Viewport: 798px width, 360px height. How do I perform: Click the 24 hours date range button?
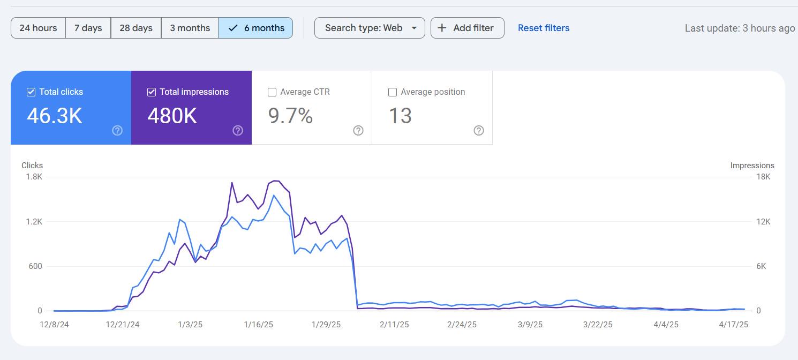38,28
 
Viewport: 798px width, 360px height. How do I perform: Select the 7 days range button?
88,28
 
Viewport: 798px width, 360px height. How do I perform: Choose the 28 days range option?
136,28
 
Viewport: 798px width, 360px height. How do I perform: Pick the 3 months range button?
190,28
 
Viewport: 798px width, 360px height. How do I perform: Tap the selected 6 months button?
255,28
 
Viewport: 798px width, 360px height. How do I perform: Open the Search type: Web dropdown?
370,28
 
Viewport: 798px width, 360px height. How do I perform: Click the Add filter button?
467,28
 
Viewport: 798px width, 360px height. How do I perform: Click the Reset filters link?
544,28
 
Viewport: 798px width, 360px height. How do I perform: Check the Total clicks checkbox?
31,92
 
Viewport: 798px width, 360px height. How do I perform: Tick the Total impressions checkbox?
152,92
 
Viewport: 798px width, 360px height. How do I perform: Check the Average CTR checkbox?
272,92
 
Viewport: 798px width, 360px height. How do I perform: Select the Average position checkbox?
393,92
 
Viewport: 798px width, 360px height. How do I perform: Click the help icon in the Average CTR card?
358,131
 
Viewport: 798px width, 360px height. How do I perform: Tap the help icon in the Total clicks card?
117,131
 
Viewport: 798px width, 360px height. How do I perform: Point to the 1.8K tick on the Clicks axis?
34,177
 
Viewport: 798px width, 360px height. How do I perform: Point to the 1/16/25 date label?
258,325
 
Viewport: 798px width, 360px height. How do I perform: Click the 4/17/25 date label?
733,325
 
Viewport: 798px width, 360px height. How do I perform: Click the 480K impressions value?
172,116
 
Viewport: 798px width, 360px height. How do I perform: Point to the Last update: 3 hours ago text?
740,28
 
